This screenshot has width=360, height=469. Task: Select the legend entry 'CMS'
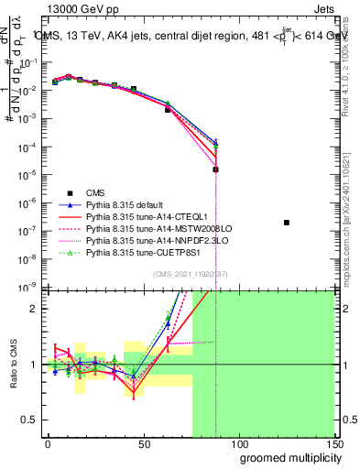pos(95,192)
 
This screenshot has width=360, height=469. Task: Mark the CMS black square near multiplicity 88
pos(215,169)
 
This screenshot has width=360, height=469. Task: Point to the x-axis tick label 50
pos(143,442)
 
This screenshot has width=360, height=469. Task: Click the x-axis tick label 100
pos(238,442)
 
